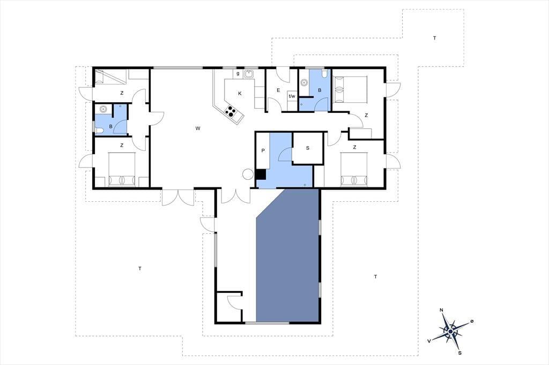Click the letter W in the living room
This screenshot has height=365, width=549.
198,128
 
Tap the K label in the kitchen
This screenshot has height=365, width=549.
240,93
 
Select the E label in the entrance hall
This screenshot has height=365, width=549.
278,90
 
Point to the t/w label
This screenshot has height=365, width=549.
292,96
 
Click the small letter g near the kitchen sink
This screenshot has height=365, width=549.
238,73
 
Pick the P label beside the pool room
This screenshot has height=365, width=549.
263,151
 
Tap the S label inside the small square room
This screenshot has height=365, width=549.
308,148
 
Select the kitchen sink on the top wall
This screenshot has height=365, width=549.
249,74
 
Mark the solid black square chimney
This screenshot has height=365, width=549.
261,174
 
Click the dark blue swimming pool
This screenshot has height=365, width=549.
287,255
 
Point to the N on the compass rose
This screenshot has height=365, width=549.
442,310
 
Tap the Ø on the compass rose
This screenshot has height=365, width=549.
472,321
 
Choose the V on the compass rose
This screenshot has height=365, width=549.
429,341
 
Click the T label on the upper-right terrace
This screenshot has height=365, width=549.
434,38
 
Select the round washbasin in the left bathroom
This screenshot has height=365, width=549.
103,109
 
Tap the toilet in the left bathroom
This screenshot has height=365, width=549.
99,131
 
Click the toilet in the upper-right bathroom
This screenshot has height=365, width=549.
324,73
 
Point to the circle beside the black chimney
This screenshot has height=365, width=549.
248,174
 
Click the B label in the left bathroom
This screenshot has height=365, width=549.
110,126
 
